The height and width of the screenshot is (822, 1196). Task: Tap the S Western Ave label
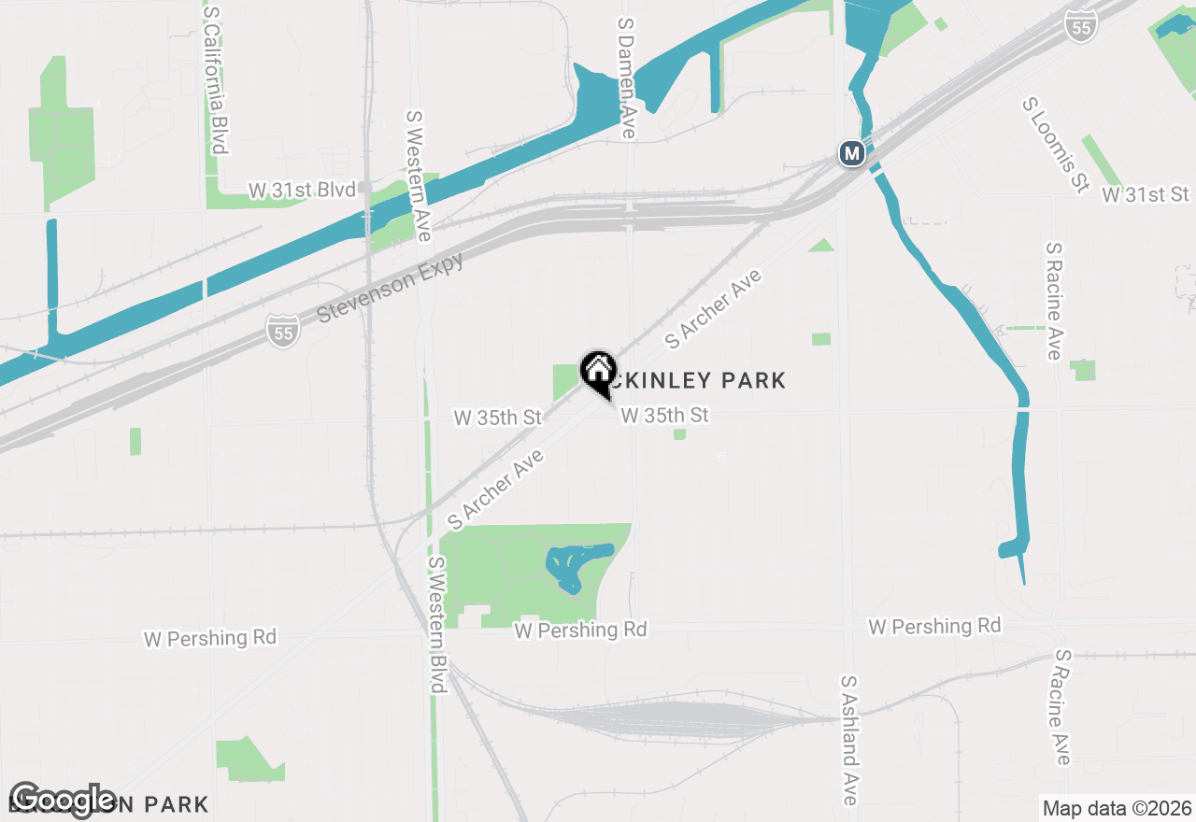tap(418, 177)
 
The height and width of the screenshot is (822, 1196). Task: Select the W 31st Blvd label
tap(302, 191)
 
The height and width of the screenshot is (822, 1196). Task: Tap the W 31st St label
tap(1146, 194)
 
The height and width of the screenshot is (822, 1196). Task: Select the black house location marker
tap(598, 371)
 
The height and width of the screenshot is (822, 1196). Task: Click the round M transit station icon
tap(851, 153)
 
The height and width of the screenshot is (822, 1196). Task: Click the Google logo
tap(63, 800)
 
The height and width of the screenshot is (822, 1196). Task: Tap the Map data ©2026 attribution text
tap(1116, 808)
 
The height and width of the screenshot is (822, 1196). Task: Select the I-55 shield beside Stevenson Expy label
tap(282, 331)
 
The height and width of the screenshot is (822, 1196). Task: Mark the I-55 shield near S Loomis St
tap(1081, 25)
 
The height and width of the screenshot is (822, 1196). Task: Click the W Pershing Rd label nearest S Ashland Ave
tap(934, 626)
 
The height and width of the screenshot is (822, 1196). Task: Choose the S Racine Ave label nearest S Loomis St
tap(1054, 301)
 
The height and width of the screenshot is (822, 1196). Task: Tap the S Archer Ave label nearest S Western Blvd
tap(496, 486)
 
